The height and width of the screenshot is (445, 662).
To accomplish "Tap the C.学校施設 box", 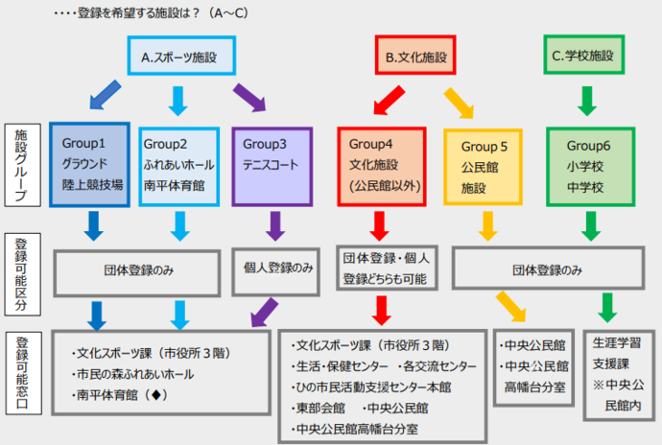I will click(x=586, y=58).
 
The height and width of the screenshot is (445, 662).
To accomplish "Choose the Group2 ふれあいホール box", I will click(x=179, y=164).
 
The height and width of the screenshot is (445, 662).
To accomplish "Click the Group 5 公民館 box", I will click(x=487, y=164).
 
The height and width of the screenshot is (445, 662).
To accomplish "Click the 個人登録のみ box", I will click(x=275, y=269).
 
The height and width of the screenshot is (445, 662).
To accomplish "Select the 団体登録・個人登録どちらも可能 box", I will click(x=383, y=269).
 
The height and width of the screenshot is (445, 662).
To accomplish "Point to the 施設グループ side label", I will click(x=21, y=164).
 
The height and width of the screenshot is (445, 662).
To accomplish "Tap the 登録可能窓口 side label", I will click(x=21, y=374).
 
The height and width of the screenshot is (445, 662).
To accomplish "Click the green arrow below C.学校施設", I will click(x=586, y=100).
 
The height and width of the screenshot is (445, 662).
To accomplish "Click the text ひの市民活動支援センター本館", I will click(x=373, y=386).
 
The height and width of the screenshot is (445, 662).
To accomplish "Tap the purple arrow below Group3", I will click(x=275, y=224).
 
